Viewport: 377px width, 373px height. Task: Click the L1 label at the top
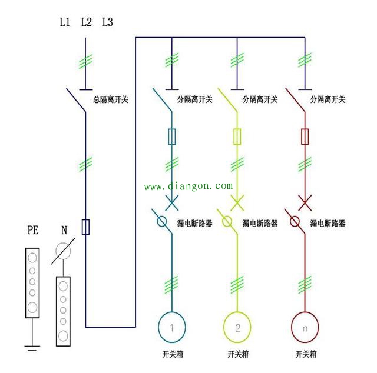[65, 23]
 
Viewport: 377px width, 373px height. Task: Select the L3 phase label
[107, 23]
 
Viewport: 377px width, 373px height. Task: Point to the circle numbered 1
[171, 325]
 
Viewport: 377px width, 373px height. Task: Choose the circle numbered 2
[237, 325]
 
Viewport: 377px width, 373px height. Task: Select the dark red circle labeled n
[305, 325]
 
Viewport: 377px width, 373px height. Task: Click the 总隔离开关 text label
[111, 99]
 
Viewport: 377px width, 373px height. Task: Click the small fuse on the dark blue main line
[86, 227]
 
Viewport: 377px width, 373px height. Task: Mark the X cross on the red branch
[305, 204]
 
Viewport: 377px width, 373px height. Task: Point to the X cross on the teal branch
[171, 204]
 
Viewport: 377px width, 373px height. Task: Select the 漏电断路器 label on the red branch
[327, 224]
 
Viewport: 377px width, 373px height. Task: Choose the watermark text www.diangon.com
[188, 186]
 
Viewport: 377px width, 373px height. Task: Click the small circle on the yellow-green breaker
[227, 222]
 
